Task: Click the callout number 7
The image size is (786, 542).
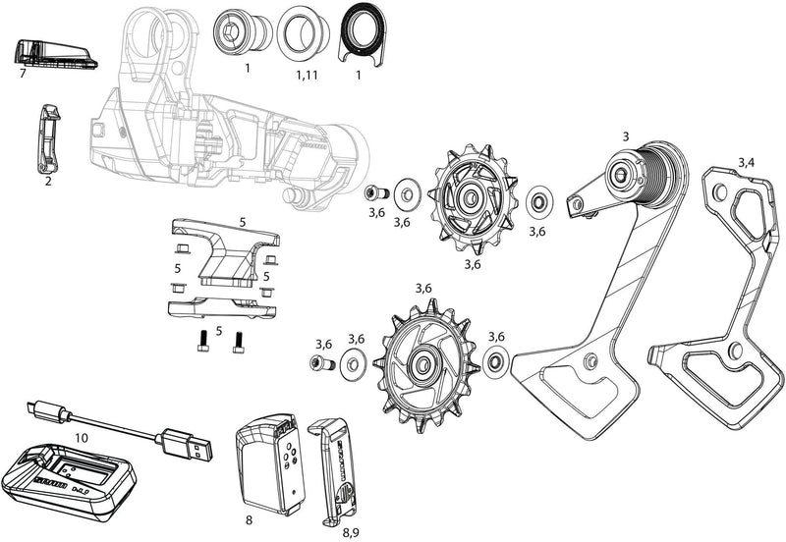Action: pos(21,74)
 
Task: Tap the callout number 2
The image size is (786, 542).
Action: pos(46,182)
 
